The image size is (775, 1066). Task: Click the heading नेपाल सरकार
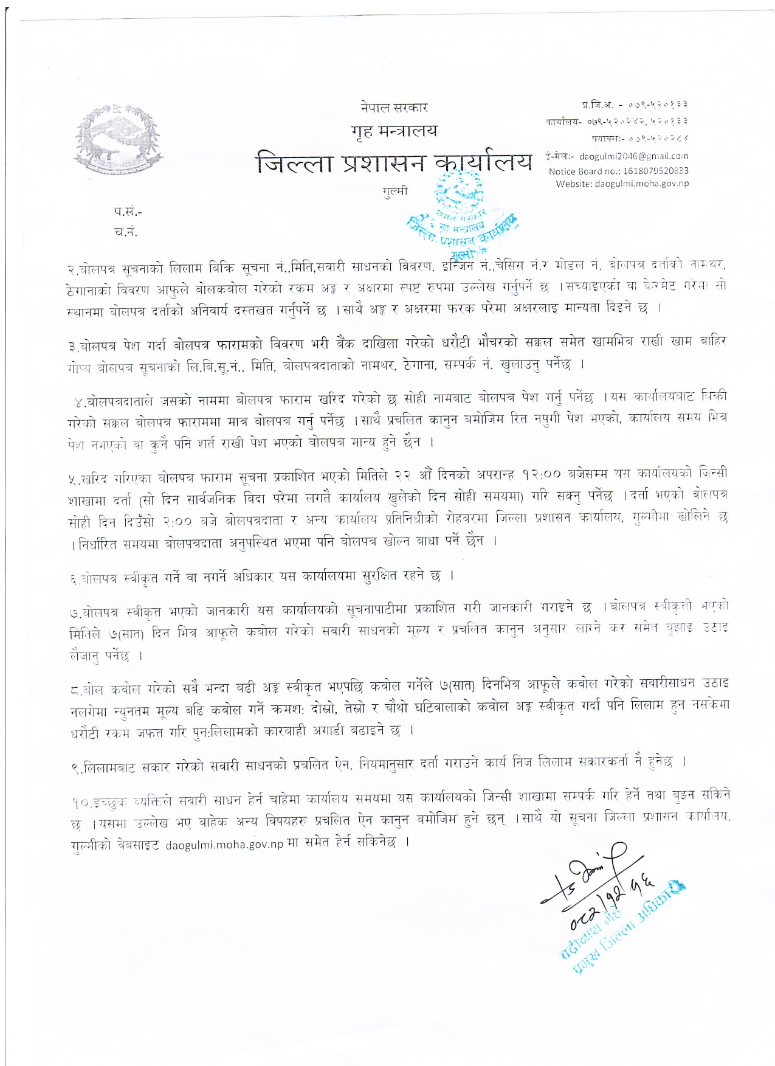pos(394,108)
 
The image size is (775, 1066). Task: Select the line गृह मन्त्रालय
pos(394,131)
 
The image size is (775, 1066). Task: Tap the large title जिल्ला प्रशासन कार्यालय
pos(394,162)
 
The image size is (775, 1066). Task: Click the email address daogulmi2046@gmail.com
pos(633,156)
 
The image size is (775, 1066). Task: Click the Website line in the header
pos(622,184)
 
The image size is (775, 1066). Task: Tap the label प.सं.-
pos(128,212)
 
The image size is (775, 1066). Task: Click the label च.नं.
pos(126,232)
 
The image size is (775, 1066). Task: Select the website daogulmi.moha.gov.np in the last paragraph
pos(224,845)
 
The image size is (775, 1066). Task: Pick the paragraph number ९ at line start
pos(73,768)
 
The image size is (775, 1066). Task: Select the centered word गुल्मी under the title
pos(395,191)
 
